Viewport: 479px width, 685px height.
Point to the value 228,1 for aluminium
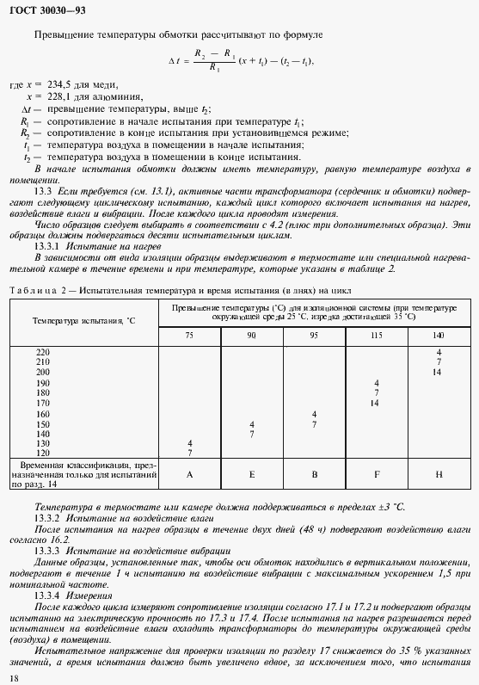(56, 97)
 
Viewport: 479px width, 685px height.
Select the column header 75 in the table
(189, 334)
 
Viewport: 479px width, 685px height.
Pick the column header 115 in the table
(376, 334)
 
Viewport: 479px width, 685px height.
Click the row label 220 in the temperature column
(43, 353)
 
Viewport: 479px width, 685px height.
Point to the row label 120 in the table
(43, 452)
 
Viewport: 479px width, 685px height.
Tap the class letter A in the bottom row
(189, 473)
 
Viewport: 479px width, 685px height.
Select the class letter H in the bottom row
(438, 473)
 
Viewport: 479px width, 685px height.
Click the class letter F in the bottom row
(376, 473)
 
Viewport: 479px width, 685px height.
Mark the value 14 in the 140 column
(438, 372)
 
